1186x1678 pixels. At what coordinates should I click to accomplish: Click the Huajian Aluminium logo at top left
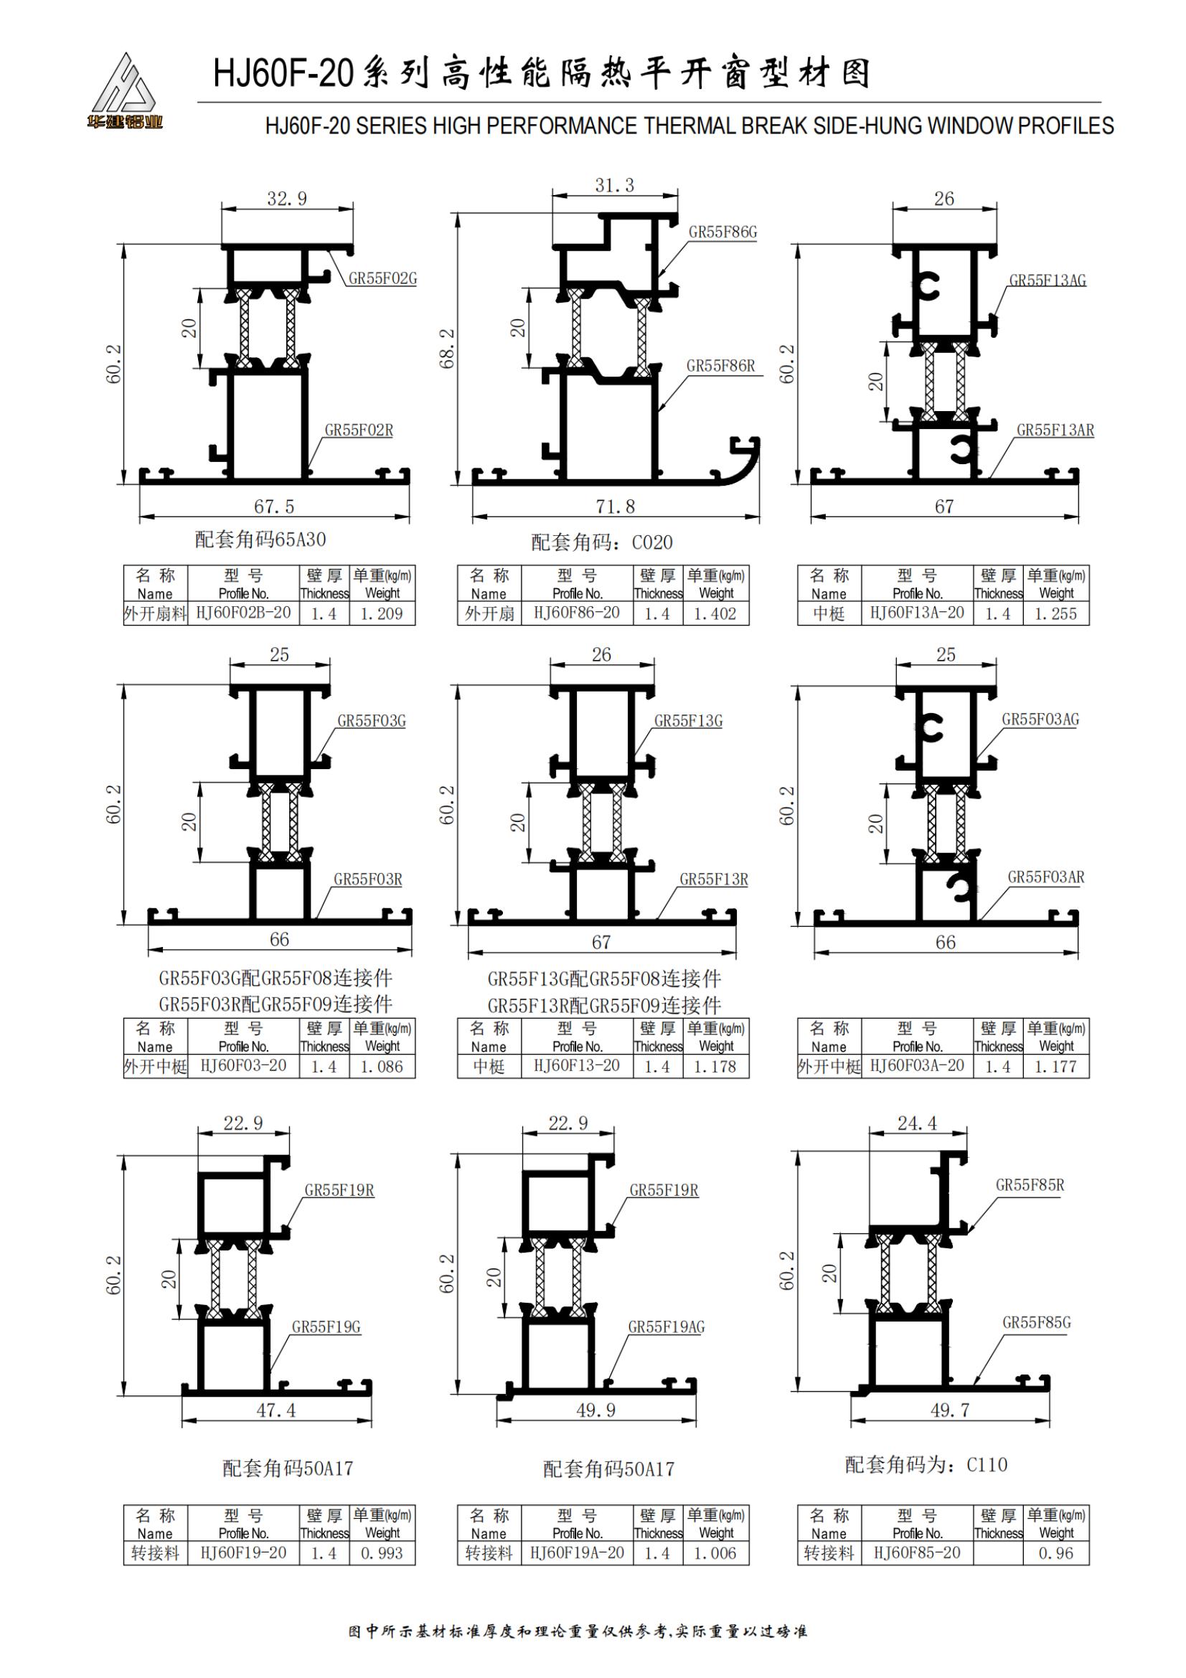coord(124,91)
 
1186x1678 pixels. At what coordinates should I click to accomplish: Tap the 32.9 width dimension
coord(286,199)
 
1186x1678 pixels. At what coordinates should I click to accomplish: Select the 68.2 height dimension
coord(447,349)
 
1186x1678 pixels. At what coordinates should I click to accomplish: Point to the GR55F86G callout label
coord(723,232)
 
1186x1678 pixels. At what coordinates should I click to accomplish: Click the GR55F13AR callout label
coord(1055,430)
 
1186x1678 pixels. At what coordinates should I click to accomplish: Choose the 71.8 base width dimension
coord(616,506)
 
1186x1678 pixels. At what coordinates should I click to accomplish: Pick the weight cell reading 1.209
coord(382,614)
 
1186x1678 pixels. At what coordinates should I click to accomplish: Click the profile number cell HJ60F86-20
coord(577,613)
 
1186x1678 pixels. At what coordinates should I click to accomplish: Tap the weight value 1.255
coord(1056,614)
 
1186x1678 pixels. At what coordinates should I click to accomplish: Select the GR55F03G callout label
coord(371,721)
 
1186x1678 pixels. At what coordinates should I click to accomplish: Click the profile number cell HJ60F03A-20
coord(917,1066)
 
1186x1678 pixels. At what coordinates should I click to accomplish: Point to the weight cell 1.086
coord(382,1067)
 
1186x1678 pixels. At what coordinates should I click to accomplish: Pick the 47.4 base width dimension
coord(276,1410)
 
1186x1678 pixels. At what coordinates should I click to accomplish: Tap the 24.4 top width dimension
coord(917,1123)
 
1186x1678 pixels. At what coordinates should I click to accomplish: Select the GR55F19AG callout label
coord(667,1327)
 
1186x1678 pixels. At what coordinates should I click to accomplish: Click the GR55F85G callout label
coord(1036,1323)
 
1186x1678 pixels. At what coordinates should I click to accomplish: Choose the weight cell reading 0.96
coord(1056,1553)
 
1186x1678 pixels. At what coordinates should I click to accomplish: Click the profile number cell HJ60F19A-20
coord(578,1553)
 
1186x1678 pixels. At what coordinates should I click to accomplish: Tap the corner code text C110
coord(987,1466)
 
